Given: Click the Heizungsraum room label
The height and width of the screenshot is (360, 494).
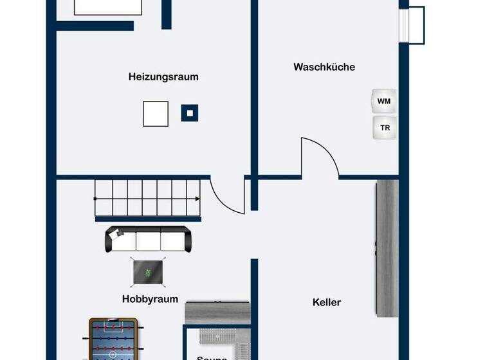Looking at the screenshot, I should (x=163, y=76).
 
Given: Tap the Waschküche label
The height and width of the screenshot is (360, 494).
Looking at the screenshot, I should (x=324, y=67).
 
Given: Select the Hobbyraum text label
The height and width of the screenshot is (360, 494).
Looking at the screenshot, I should (x=150, y=299).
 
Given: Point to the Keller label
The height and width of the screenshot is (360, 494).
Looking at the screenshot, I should (x=327, y=302).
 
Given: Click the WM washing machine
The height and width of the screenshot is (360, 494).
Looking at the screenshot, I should (x=384, y=102).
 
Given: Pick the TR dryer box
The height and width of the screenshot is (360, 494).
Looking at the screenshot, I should (x=385, y=128).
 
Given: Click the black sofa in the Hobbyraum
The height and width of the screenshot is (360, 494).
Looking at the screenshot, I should (x=148, y=239).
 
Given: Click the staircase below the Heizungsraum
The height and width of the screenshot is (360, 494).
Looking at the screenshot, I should (x=148, y=198).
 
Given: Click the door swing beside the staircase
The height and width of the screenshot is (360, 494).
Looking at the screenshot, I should (x=229, y=195).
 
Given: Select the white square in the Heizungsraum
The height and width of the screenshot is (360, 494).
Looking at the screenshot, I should (x=155, y=114).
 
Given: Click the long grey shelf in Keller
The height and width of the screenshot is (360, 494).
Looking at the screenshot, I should (x=387, y=248).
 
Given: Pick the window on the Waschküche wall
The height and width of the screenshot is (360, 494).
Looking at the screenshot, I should (x=412, y=24).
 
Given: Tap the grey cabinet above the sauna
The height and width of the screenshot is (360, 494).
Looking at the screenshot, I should (x=217, y=312).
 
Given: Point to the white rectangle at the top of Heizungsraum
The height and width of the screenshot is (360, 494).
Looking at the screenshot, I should (x=107, y=6).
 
